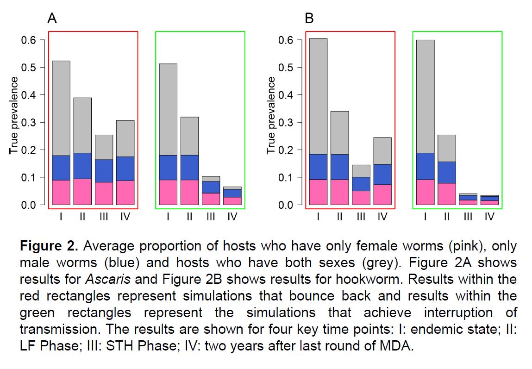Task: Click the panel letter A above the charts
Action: (52, 19)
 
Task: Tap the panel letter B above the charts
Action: (309, 19)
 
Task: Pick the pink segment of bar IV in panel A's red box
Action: (125, 193)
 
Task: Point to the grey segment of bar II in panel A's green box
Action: (189, 136)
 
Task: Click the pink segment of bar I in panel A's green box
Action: (168, 193)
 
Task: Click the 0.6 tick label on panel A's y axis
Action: (29, 40)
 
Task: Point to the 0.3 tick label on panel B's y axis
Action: (286, 122)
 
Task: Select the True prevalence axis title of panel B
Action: (271, 116)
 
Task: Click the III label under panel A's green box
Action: (211, 216)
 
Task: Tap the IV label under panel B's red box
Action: (382, 216)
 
